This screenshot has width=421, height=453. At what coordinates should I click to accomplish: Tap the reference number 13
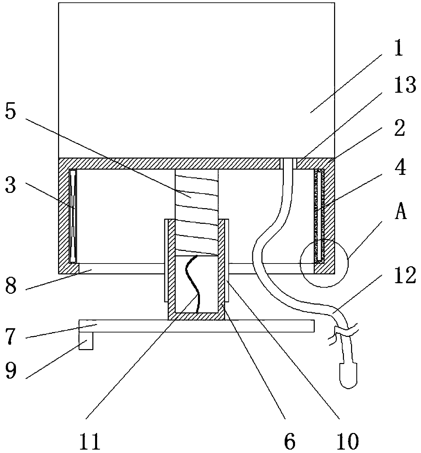(405, 85)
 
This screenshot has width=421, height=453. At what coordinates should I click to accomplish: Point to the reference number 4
(401, 168)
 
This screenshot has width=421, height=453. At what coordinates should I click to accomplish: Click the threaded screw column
(196, 204)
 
